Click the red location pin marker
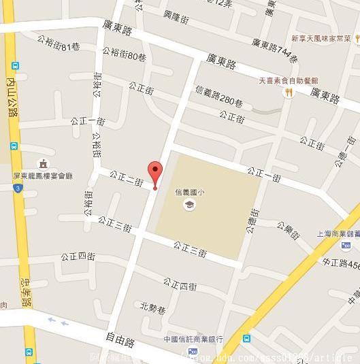(155, 172)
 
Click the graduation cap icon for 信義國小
(189, 204)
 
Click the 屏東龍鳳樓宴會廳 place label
(43, 176)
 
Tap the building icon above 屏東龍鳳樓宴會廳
(43, 163)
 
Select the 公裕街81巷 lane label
(59, 44)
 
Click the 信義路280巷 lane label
(218, 96)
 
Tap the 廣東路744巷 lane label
(274, 50)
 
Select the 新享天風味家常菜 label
(321, 38)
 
